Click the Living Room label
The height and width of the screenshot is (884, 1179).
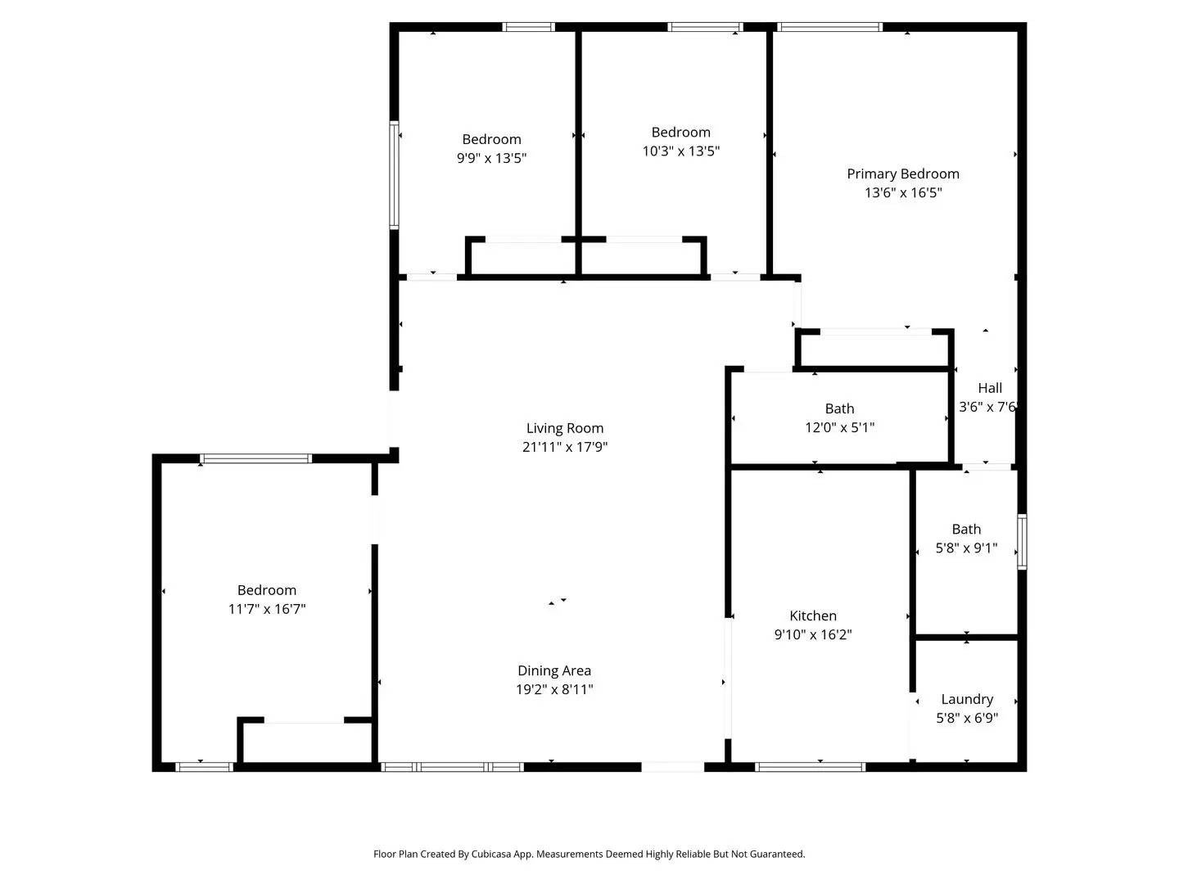coord(564,428)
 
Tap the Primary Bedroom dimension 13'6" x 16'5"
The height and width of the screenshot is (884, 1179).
coord(903,193)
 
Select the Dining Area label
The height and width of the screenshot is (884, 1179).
coord(553,670)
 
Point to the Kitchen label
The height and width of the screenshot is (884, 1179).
coord(812,616)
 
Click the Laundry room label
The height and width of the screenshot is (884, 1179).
coord(967,699)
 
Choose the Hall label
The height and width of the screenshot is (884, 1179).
coord(989,388)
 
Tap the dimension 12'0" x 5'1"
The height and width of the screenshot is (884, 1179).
coord(839,427)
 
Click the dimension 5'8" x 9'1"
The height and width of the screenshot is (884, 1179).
coord(966,548)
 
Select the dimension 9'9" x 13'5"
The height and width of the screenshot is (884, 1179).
coord(491,158)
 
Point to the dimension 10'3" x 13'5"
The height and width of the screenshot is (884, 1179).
coord(680,151)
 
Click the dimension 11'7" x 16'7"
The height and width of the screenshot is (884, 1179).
coord(267,609)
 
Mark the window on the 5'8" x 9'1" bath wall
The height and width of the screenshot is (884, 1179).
coord(1022,542)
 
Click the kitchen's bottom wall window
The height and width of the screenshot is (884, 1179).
coord(810,767)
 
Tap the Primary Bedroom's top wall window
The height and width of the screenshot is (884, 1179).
coord(829,27)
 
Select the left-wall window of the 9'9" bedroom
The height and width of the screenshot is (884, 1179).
coord(394,175)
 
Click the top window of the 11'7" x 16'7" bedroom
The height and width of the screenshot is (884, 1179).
coord(256,458)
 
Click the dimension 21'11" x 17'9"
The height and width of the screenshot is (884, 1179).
coord(564,447)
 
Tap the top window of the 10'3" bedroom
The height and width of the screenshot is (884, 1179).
coord(705,27)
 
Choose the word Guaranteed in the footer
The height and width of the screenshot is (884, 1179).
coord(777,854)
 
